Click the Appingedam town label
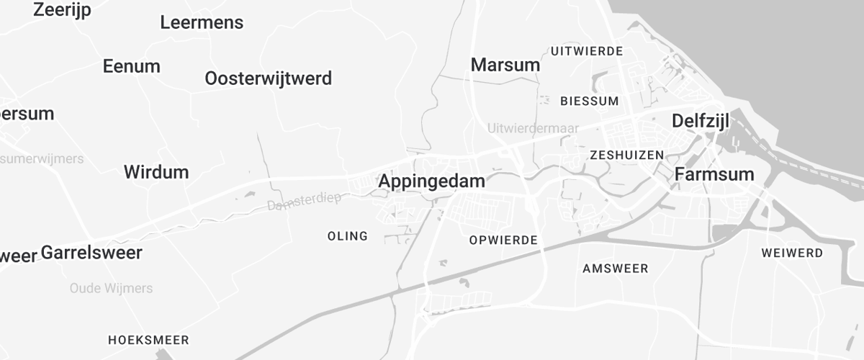point(432,181)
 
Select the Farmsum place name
point(714,174)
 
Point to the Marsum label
point(505,65)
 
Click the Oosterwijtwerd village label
point(268,78)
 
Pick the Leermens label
point(202,23)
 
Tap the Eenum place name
point(131,66)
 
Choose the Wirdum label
point(156,173)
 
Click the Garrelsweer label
point(91,253)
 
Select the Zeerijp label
point(62,10)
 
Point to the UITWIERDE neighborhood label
point(587,51)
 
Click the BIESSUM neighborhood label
point(589,102)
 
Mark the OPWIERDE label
point(503,240)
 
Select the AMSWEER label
point(615,269)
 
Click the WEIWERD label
point(791,253)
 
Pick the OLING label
point(347,236)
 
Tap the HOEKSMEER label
point(148,340)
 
